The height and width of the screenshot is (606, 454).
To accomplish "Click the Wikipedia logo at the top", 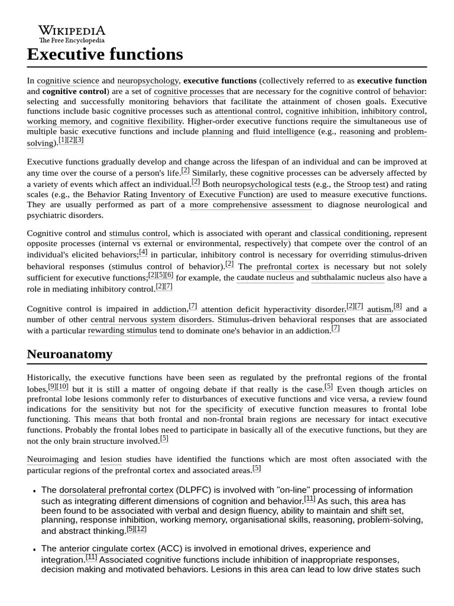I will (x=72, y=34).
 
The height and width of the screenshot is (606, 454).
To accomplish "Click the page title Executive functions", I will (x=105, y=54).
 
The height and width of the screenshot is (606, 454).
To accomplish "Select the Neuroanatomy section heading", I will (x=69, y=354).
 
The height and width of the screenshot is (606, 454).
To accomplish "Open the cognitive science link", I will (x=68, y=80).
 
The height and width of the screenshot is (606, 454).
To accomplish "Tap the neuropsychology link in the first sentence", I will (x=148, y=80).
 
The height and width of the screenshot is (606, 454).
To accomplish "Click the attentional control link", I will (x=248, y=111).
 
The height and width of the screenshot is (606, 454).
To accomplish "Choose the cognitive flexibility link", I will (x=147, y=121).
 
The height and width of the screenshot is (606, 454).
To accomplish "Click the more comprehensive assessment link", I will (x=250, y=205).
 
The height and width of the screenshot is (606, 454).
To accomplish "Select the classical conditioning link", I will (x=349, y=233).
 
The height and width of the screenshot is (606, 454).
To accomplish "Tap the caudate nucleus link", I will (x=265, y=278).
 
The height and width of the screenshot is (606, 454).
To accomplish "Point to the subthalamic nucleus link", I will (x=348, y=278).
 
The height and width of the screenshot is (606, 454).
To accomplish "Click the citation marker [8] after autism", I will (x=397, y=306).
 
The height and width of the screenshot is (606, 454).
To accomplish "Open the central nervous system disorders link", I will (x=151, y=320).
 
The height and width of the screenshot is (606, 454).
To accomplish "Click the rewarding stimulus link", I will (x=122, y=331).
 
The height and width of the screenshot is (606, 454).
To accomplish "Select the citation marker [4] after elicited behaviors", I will (x=143, y=252).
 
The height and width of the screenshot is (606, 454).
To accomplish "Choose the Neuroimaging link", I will (x=52, y=459).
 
